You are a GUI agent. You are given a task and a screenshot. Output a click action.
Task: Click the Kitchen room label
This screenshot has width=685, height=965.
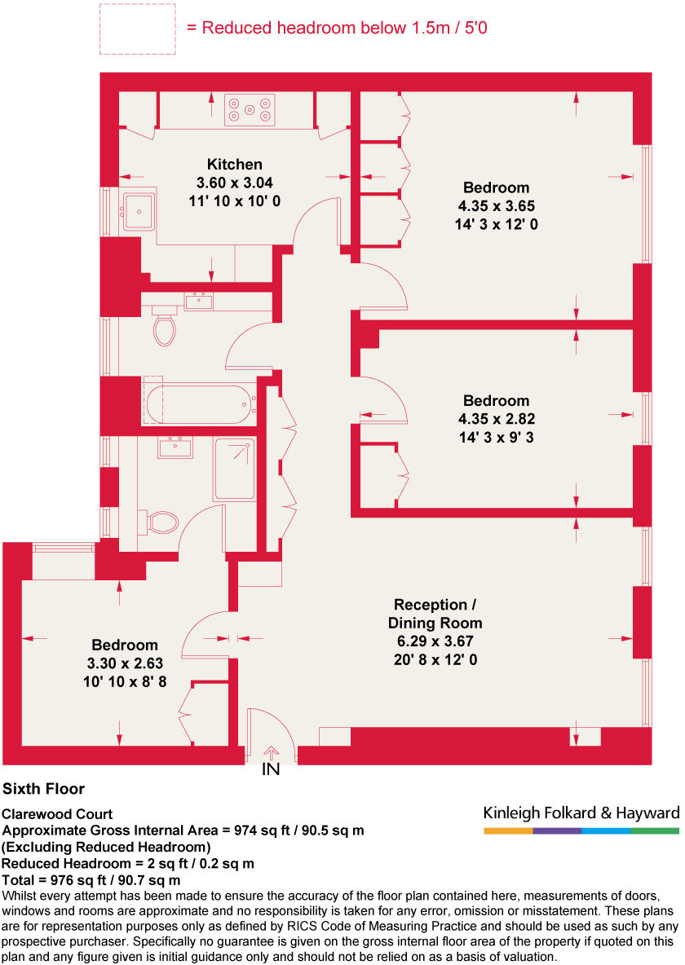[234, 164]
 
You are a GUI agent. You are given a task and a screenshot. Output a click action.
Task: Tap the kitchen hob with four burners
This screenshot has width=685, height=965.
[250, 110]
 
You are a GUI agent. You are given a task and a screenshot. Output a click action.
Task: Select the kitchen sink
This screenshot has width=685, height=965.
[138, 211]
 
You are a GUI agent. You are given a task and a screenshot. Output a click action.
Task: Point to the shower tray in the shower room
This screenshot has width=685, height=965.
[234, 469]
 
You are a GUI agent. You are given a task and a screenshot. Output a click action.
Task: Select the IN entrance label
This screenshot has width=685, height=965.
[271, 769]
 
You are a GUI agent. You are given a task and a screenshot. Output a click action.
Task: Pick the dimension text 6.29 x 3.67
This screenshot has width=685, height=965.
[433, 641]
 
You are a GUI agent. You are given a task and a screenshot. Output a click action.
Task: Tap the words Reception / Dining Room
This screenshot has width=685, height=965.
[433, 614]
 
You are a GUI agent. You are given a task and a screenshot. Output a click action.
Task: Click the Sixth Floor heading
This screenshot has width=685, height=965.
[43, 789]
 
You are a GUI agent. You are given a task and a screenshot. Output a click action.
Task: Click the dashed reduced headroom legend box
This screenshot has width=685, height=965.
[137, 29]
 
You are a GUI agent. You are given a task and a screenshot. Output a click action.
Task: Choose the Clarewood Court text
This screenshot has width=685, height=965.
[57, 814]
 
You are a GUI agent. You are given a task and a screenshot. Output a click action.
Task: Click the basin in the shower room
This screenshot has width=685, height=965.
[175, 447]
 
